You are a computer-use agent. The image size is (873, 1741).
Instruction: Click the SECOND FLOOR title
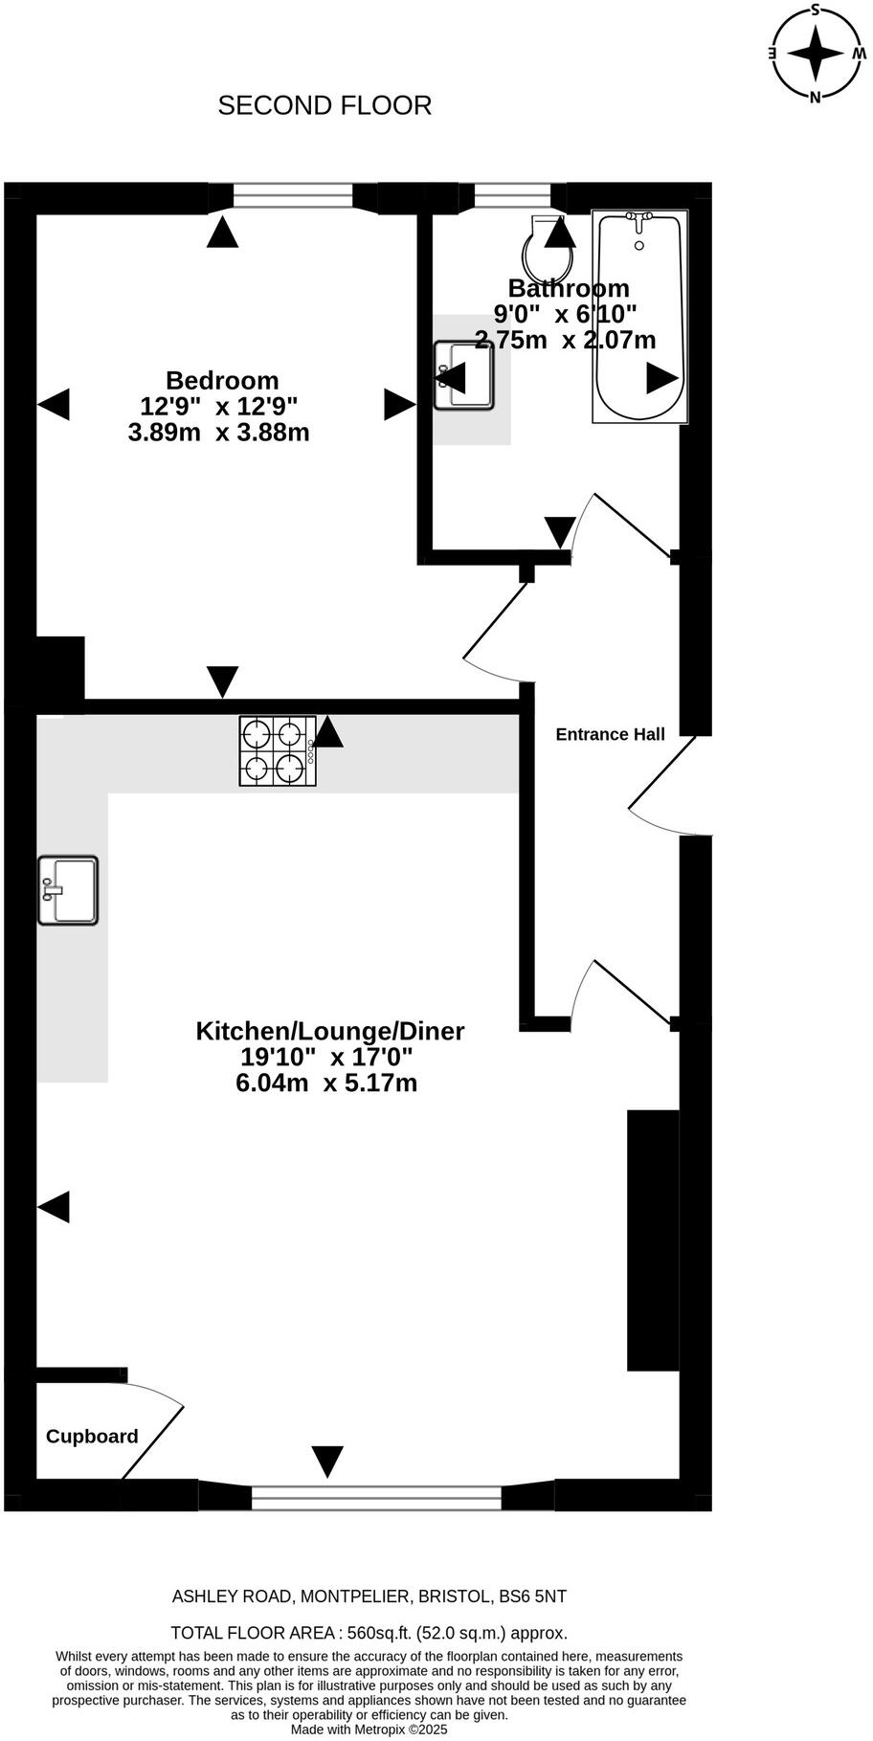click(x=325, y=105)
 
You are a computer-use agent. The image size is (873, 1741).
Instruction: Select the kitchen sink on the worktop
click(x=68, y=890)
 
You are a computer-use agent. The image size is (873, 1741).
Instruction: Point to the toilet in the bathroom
click(x=548, y=247)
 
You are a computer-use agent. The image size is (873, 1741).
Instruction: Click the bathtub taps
click(x=638, y=221)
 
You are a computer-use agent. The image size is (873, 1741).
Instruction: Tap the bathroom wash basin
click(x=463, y=375)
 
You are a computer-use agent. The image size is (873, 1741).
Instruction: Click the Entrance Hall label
click(x=610, y=734)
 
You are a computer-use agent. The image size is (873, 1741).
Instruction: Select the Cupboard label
click(x=92, y=1436)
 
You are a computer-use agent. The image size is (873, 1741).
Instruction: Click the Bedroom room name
click(x=222, y=380)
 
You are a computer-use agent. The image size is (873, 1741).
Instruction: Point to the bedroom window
click(x=293, y=197)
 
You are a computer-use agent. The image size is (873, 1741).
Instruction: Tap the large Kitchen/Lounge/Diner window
click(x=375, y=1497)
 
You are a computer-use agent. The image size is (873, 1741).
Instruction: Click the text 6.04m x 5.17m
click(x=326, y=1083)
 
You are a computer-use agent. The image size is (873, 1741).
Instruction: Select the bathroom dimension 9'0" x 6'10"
click(x=565, y=313)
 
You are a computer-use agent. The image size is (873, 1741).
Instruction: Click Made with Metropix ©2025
click(x=369, y=1730)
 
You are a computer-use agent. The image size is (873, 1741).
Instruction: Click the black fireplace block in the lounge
click(x=653, y=1239)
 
